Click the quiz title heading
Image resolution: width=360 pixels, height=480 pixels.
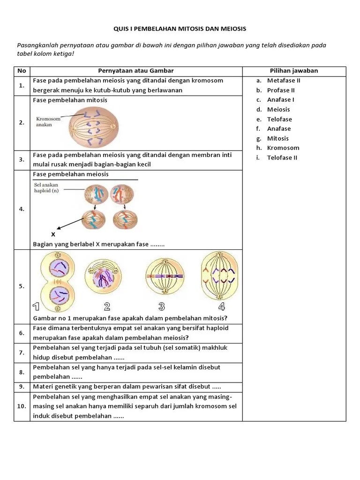pos(180,29)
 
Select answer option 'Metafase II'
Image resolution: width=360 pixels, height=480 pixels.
pos(284,80)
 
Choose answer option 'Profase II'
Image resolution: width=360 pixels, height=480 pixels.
pos(281,90)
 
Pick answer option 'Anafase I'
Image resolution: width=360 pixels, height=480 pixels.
pos(281,99)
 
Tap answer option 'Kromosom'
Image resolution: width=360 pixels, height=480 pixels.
pos(283,148)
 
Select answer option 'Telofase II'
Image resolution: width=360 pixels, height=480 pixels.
pos(282,157)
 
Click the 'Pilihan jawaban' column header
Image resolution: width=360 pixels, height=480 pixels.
pos(294,71)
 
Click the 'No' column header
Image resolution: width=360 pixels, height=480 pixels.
pos(22,71)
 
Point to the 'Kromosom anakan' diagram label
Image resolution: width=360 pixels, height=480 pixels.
pos(48,122)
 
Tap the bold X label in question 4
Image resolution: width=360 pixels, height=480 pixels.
pos(53,234)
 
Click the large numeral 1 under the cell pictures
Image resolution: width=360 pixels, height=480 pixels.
pos(36,307)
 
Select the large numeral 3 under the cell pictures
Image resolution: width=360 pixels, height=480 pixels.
pos(162,307)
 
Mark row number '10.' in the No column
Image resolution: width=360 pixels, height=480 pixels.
pos(22,406)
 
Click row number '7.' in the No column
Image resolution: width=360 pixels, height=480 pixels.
pos(22,352)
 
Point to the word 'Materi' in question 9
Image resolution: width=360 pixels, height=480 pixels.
pos(43,387)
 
